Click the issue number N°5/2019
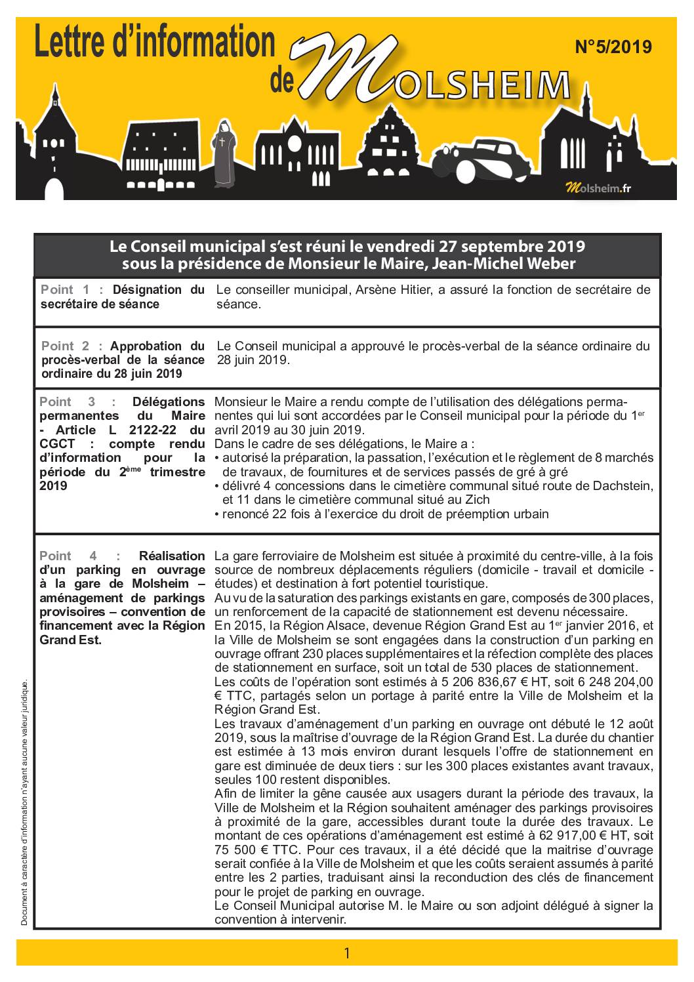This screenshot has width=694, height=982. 613,47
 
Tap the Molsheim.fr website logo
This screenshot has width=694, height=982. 598,189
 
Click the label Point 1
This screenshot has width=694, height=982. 65,289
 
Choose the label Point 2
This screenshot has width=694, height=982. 66,346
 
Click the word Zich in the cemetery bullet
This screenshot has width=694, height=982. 477,500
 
